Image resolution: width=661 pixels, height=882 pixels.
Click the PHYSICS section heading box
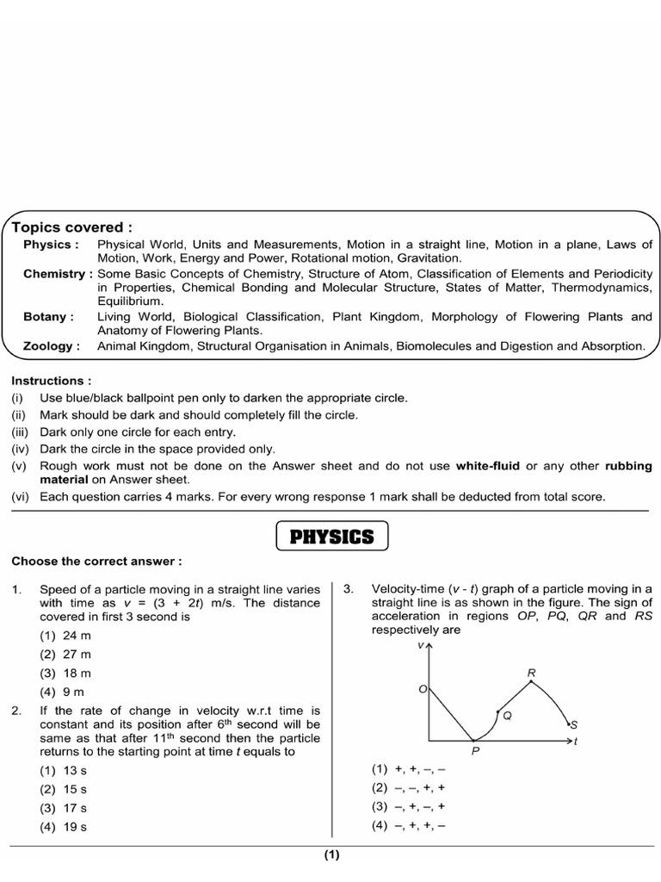click(x=331, y=537)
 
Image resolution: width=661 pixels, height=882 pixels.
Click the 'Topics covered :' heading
click(x=72, y=227)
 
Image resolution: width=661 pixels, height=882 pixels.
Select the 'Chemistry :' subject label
click(x=58, y=274)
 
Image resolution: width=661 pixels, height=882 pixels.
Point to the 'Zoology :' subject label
click(x=52, y=346)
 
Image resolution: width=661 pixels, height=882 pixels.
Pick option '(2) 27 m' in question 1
click(x=65, y=654)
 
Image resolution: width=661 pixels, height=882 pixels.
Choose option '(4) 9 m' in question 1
click(x=62, y=692)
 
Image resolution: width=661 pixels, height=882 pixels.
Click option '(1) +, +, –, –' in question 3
click(x=409, y=769)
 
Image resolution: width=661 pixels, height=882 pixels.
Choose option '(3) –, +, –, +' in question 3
click(x=409, y=807)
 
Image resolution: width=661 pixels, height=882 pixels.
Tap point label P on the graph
click(x=474, y=751)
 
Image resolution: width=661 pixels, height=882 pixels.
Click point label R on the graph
click(x=531, y=672)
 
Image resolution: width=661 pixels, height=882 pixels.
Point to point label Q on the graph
click(x=507, y=715)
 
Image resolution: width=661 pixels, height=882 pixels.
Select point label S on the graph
click(x=574, y=725)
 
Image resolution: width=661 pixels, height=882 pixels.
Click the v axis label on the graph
click(x=420, y=644)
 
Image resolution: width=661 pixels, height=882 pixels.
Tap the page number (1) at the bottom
click(x=332, y=855)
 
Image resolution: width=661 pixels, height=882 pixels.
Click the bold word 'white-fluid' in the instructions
click(x=489, y=466)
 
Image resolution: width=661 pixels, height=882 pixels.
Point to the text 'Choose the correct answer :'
click(x=96, y=562)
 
